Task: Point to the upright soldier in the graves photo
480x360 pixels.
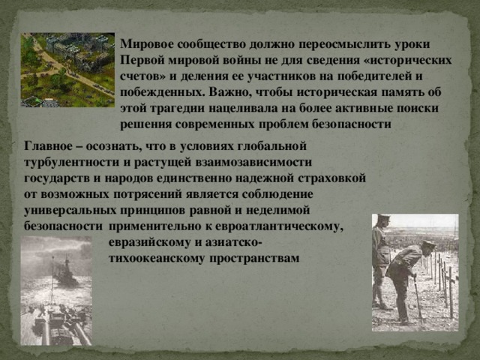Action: [380, 259]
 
